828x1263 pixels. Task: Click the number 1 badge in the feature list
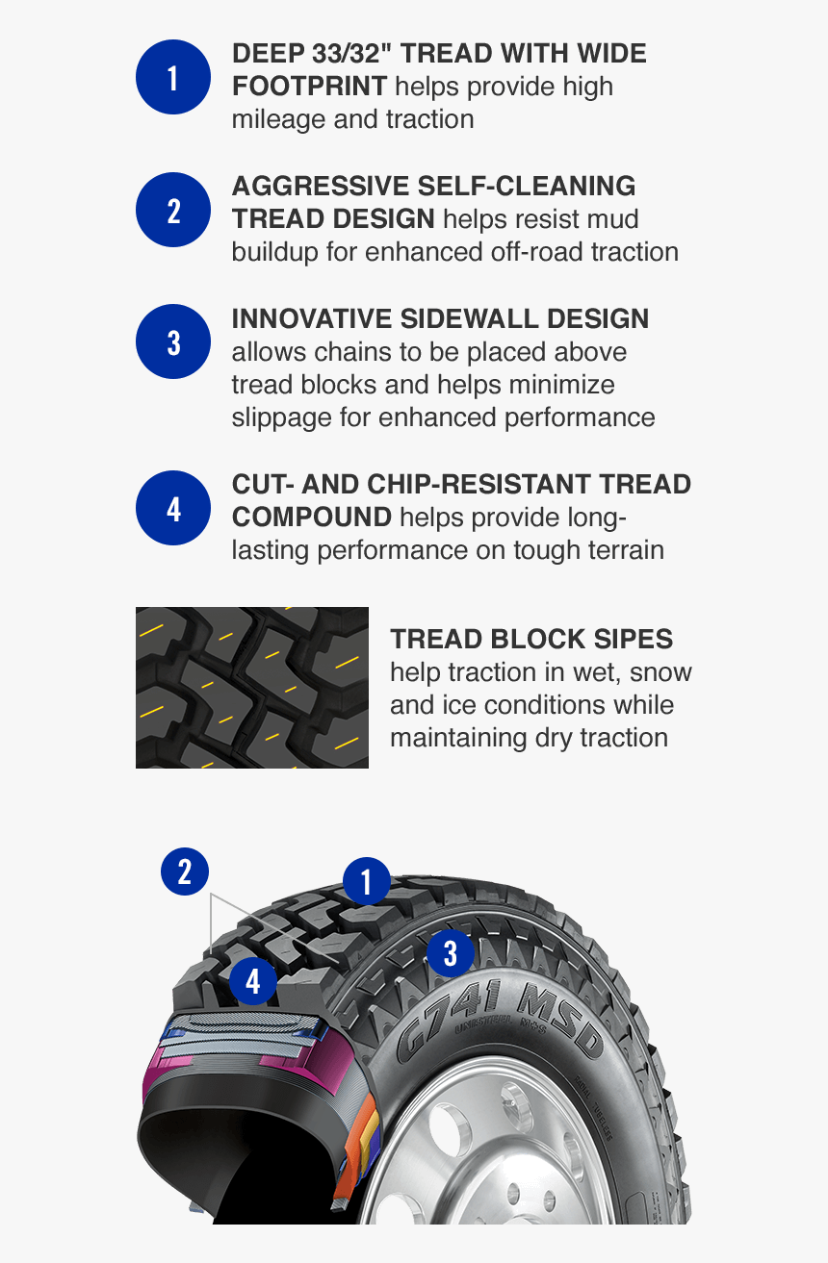click(x=173, y=77)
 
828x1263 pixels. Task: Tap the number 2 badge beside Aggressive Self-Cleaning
click(x=173, y=210)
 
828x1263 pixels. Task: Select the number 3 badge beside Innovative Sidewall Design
click(x=173, y=341)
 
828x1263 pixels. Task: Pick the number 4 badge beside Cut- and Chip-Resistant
click(x=173, y=508)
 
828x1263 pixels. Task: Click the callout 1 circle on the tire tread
click(x=366, y=881)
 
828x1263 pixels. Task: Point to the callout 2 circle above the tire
click(x=185, y=871)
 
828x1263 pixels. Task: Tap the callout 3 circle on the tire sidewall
click(x=450, y=953)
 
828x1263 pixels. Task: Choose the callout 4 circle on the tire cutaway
click(x=253, y=982)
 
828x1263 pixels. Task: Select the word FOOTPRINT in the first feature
click(x=309, y=87)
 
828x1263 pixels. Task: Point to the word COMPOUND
click(x=312, y=518)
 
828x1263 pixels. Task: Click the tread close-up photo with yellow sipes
click(x=251, y=688)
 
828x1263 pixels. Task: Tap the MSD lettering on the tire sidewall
click(x=557, y=1021)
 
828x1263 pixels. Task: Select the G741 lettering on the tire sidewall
click(x=448, y=1020)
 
